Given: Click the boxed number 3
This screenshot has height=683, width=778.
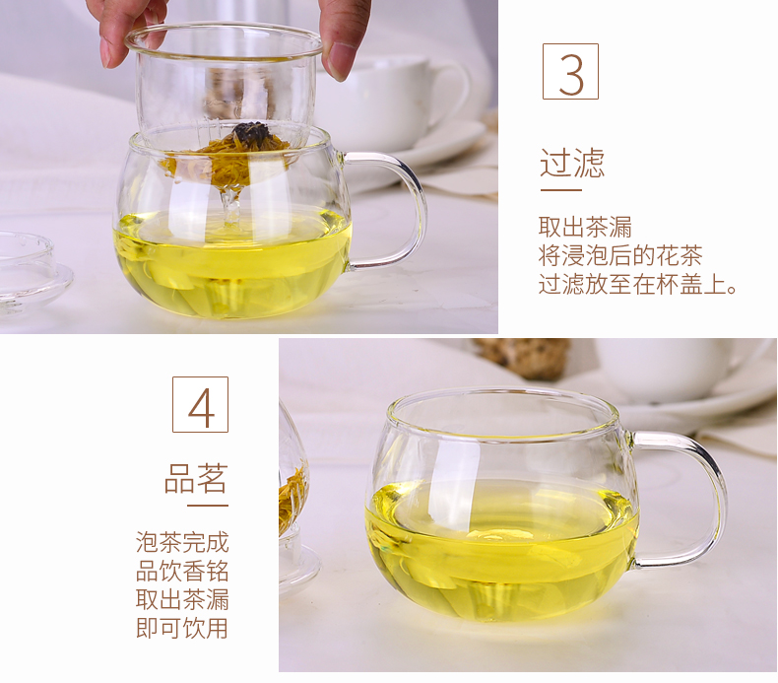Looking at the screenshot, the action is tap(570, 72).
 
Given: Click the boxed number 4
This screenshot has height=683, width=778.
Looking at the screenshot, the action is tap(201, 404).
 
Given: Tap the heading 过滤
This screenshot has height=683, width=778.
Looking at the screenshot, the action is tap(572, 163).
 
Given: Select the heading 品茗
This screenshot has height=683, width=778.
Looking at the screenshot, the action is tap(196, 478).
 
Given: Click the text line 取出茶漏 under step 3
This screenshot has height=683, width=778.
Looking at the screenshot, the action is tap(586, 227).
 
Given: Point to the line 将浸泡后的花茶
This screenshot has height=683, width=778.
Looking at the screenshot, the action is tap(620, 255).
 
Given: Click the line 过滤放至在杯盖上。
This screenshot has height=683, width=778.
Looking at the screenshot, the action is tap(637, 284).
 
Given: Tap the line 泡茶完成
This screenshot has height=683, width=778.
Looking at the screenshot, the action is tap(182, 542).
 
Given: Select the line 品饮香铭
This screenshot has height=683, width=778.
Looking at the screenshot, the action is tap(182, 572).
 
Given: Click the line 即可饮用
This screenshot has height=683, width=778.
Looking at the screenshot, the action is tap(182, 629).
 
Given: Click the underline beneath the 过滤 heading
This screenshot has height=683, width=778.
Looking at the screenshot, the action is tap(560, 190).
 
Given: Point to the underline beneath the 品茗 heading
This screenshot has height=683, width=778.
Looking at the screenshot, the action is tap(208, 506).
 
